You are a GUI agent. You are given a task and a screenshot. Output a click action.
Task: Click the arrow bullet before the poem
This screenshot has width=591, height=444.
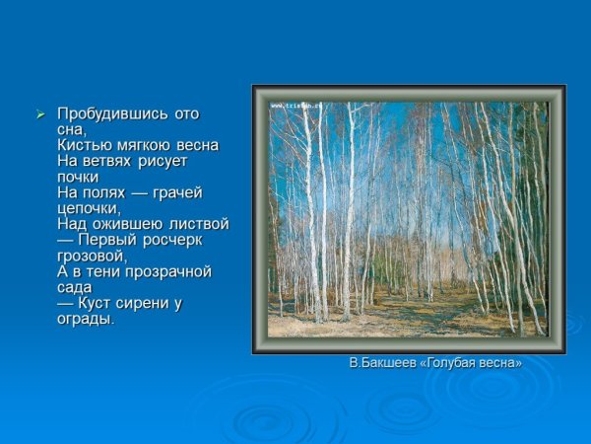pos(40,114)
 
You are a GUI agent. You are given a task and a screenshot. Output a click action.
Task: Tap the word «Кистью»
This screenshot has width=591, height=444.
pos(81,145)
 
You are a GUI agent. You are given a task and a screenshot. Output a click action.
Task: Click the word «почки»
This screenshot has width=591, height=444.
pos(79,177)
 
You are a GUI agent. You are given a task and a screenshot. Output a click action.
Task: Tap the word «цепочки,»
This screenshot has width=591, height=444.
pos(90,208)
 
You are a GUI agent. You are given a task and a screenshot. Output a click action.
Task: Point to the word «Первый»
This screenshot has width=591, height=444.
pos(104,240)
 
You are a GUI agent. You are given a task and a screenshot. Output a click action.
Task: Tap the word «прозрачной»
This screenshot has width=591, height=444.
pos(158,271)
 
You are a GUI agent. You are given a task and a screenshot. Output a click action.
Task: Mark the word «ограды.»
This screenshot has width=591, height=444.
pos(87,319)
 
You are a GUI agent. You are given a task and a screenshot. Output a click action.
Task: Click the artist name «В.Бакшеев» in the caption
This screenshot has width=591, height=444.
pos(384,363)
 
